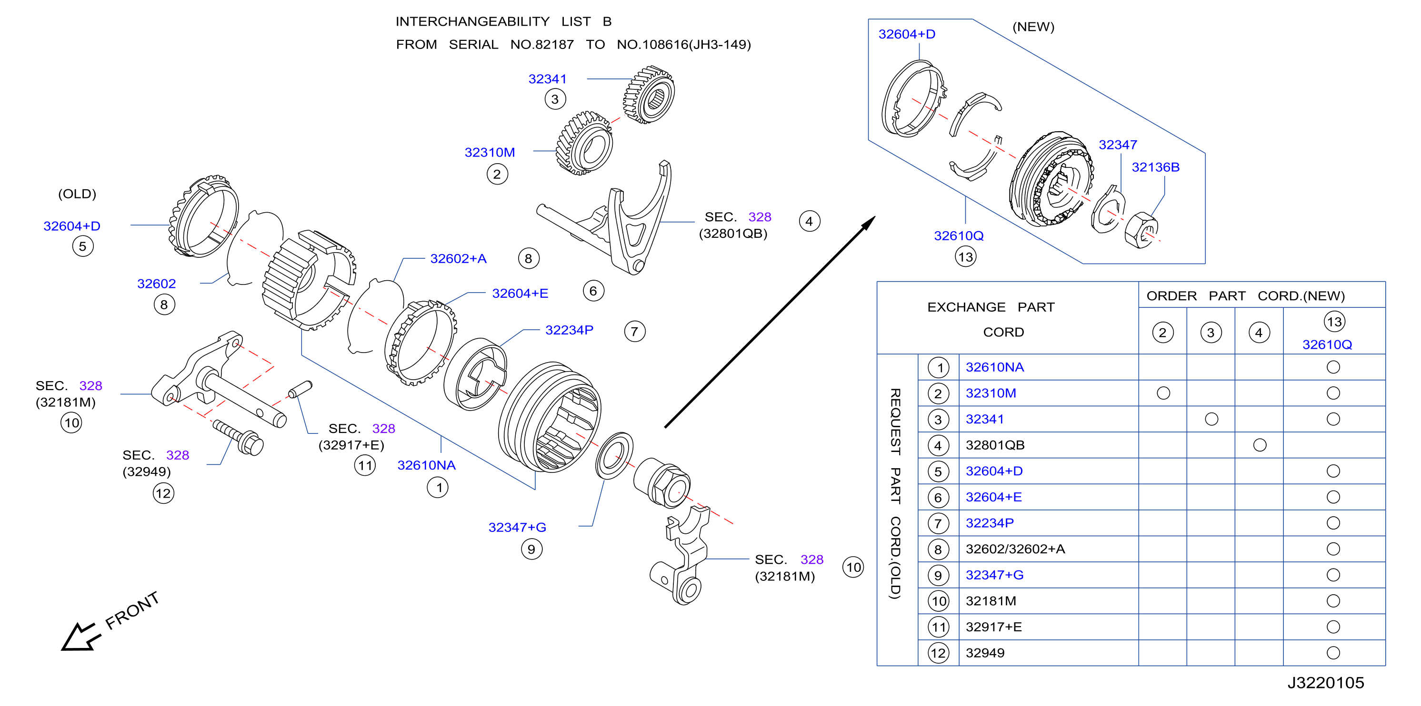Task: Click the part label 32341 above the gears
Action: pos(547,79)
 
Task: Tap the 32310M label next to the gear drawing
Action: pos(490,153)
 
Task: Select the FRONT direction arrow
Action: pos(80,637)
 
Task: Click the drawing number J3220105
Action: pos(1326,683)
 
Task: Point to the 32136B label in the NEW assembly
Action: pos(1156,167)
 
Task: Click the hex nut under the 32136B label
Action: pos(1141,230)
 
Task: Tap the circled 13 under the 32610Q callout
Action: pos(965,257)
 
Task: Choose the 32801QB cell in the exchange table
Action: pos(995,445)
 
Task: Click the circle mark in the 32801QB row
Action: pos(1260,445)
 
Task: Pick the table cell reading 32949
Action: pos(985,653)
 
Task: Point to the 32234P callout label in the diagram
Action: pos(569,330)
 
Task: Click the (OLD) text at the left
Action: pos(77,194)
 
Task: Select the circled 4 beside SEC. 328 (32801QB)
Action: pos(809,222)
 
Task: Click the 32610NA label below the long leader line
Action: pos(426,465)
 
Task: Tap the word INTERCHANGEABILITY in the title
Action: pos(472,21)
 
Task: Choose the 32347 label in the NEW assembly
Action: pos(1118,145)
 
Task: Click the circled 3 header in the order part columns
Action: pos(1211,333)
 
